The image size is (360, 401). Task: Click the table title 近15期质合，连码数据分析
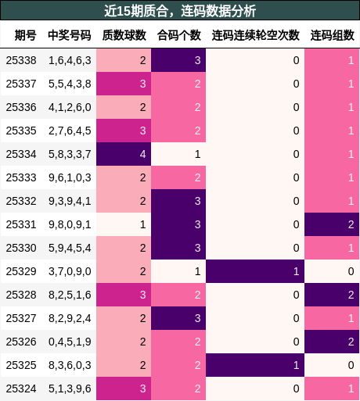click(180, 11)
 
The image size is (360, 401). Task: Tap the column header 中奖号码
click(70, 35)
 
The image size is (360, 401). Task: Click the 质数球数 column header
click(124, 35)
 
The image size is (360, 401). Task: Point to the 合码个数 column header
click(178, 35)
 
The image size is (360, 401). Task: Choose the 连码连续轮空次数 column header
click(255, 35)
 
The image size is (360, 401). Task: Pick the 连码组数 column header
click(332, 35)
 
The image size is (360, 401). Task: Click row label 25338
click(21, 60)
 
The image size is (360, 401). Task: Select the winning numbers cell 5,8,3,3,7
click(70, 154)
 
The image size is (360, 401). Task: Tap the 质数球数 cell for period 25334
click(124, 154)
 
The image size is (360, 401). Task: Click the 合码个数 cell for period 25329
click(178, 271)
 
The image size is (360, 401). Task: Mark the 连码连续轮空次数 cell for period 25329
click(255, 271)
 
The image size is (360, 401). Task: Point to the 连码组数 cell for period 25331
click(332, 224)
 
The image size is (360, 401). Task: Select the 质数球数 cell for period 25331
click(124, 224)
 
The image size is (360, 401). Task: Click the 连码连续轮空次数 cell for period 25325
click(255, 365)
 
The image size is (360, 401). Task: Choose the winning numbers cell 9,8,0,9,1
click(70, 224)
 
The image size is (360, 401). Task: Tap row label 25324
click(21, 388)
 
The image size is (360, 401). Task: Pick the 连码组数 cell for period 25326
click(332, 342)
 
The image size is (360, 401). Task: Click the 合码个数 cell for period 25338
click(178, 60)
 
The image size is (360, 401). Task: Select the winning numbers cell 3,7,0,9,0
click(70, 271)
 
